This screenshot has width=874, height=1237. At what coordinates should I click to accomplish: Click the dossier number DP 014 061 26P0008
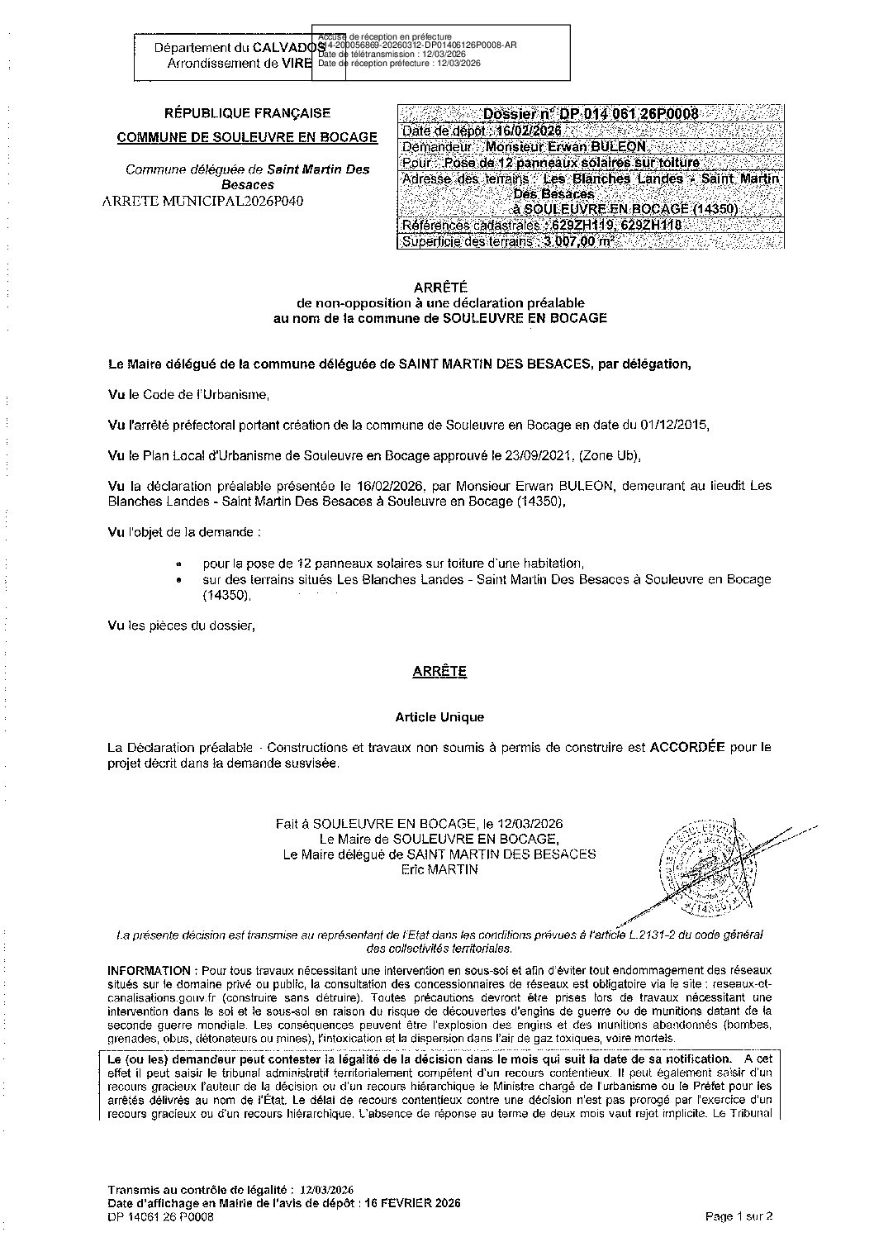click(x=591, y=114)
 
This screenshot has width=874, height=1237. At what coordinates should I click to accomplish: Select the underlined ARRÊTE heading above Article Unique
click(x=439, y=672)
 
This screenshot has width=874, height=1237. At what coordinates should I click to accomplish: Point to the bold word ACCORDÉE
click(x=687, y=747)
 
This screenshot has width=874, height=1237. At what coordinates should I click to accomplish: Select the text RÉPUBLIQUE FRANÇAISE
click(x=248, y=113)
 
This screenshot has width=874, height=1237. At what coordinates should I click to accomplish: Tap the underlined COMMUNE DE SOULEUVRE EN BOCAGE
click(x=248, y=137)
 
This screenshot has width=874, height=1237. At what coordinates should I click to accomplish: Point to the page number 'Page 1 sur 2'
click(x=739, y=1216)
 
